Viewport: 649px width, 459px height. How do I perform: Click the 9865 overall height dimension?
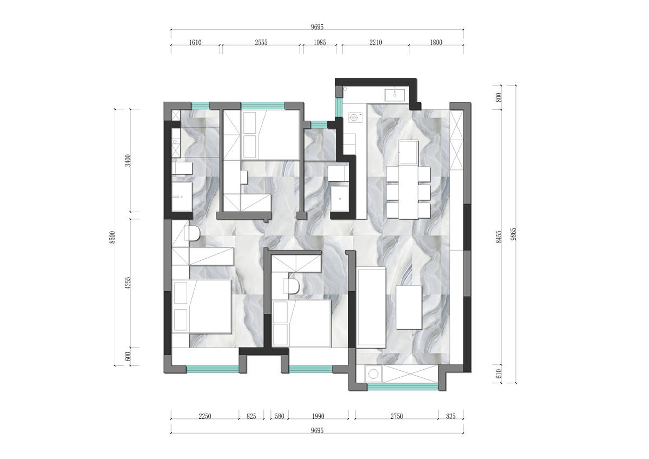pos(513,234)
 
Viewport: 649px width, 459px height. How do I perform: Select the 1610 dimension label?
pos(195,43)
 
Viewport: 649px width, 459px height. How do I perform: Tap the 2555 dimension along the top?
pos(261,43)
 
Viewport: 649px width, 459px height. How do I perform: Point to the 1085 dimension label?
pos(320,43)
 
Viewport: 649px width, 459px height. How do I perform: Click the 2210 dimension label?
pos(375,43)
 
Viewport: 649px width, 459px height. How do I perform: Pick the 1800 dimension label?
pos(436,43)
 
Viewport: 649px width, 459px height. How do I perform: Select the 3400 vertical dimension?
pos(128,160)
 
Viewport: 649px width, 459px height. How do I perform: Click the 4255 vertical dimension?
pos(128,283)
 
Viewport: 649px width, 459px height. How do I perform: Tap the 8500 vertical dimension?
pos(112,237)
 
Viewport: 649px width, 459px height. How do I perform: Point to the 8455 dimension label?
pos(498,237)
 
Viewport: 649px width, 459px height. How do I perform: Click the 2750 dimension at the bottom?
pos(396,416)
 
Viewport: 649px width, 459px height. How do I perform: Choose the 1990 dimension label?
pos(318,416)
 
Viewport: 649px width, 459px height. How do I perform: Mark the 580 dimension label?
pos(279,416)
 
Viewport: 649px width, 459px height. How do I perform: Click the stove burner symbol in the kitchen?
pos(354,117)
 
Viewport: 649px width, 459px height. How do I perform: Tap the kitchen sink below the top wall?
pos(395,95)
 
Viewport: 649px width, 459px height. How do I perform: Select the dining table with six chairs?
pos(408,180)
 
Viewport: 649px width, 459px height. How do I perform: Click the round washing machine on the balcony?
pos(373,374)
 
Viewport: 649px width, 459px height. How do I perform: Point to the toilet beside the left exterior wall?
pos(193,233)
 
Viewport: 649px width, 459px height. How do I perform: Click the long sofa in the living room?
pos(371,307)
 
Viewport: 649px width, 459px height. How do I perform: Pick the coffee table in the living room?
pos(409,307)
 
